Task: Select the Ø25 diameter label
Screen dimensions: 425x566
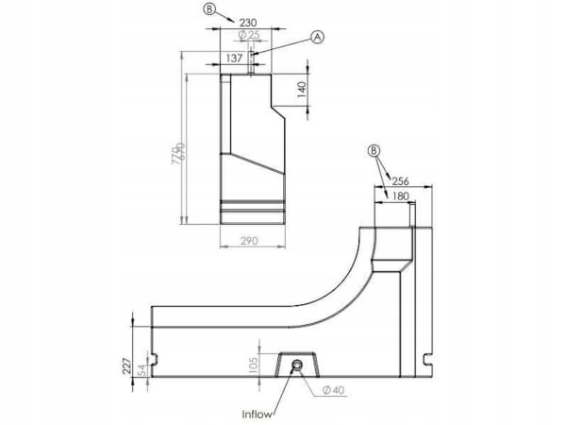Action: pos(251,35)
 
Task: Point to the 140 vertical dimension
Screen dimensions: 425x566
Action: pos(303,91)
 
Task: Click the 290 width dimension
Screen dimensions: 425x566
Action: pos(250,242)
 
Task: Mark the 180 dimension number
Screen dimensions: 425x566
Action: pos(399,195)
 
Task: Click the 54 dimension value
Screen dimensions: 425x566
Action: pos(142,368)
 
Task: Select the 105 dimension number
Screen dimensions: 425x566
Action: pos(253,365)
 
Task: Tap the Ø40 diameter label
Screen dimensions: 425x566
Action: pos(331,390)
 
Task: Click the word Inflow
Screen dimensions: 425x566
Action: pos(258,413)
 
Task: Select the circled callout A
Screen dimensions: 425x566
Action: pos(318,36)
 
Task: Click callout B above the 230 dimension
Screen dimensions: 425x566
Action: pos(208,10)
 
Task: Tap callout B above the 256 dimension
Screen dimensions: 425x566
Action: pos(375,150)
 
